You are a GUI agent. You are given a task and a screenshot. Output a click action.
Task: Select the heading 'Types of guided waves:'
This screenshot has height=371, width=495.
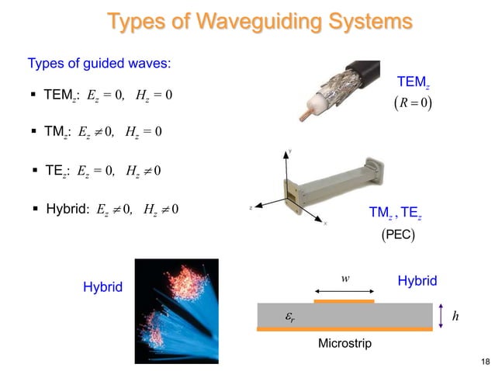click(99, 63)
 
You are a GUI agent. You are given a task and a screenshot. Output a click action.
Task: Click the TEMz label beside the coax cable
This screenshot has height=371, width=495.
click(412, 81)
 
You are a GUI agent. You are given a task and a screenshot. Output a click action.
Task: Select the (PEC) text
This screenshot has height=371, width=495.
click(398, 234)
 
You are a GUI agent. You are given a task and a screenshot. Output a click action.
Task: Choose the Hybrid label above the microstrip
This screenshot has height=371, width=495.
click(417, 281)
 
